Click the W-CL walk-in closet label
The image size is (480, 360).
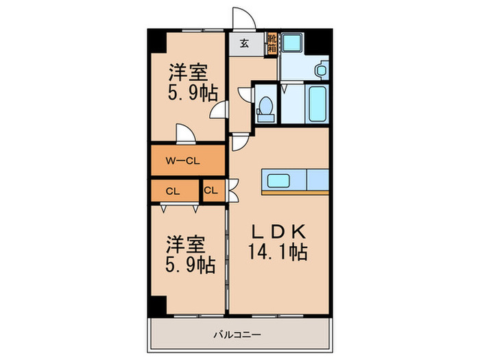(182, 162)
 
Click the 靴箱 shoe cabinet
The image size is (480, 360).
(272, 43)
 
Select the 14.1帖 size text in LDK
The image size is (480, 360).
(278, 252)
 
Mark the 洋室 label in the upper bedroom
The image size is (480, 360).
(187, 71)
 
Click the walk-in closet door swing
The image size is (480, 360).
(185, 133)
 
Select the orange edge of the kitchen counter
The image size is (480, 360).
(295, 193)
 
